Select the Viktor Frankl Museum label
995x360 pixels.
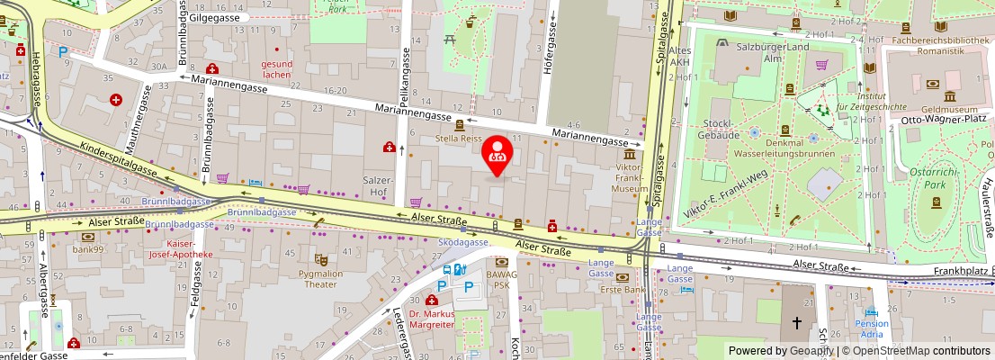point(630,177)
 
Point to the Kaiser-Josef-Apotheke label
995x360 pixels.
point(189,249)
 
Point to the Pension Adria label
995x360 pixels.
point(872,328)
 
